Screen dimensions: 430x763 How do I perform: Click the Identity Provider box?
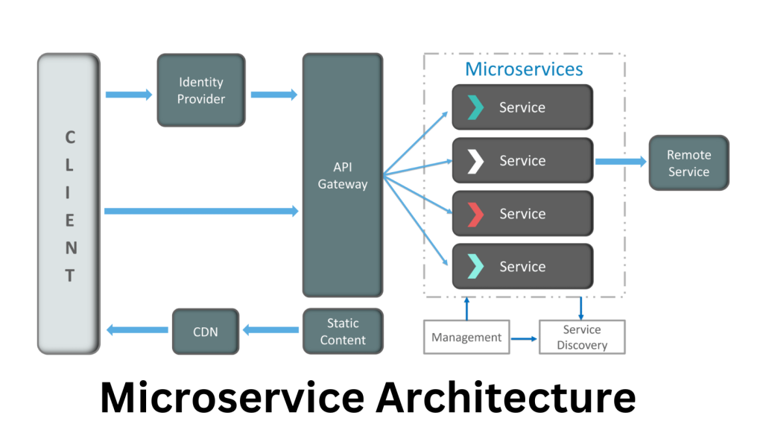[x=201, y=90]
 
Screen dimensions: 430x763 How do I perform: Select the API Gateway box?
[x=343, y=175]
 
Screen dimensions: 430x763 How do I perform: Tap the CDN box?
[x=206, y=332]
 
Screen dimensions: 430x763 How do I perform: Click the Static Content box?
[x=343, y=332]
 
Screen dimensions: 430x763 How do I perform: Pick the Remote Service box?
[x=688, y=163]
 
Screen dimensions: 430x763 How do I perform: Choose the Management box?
[x=466, y=338]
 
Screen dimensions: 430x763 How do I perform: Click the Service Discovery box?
[x=582, y=338]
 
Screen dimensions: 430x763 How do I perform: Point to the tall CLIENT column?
[x=69, y=203]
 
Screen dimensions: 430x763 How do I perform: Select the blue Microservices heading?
[x=524, y=69]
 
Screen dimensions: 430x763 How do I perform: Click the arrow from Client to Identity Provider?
[x=127, y=95]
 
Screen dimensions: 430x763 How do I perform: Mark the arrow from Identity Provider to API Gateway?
[x=273, y=95]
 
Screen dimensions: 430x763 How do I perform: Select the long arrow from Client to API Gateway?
[x=201, y=212]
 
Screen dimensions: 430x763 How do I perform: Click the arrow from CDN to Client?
[x=137, y=329]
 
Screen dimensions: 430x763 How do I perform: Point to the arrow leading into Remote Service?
[x=620, y=161]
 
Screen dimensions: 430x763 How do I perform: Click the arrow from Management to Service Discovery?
[x=525, y=339]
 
